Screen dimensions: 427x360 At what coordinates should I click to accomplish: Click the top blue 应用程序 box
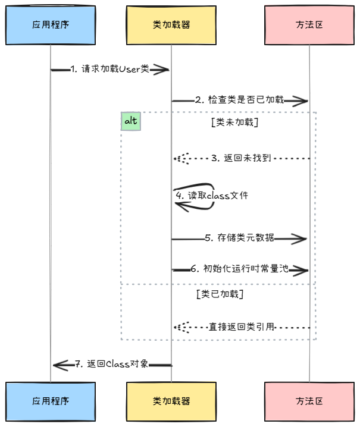click(51, 25)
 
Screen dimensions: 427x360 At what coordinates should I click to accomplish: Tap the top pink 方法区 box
click(309, 25)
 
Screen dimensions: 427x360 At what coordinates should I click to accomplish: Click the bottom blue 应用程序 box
click(51, 401)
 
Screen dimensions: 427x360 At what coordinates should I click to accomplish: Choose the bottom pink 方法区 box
click(309, 401)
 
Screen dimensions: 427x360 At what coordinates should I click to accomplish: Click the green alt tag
click(131, 121)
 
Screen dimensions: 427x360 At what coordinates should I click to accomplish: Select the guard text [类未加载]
click(234, 123)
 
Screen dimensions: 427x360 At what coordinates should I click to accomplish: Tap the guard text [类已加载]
click(220, 294)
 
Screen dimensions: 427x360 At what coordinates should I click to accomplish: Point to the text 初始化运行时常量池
click(245, 269)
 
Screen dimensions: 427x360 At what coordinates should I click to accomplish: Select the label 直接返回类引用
click(242, 327)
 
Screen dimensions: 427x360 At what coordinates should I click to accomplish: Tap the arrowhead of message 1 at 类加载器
click(162, 70)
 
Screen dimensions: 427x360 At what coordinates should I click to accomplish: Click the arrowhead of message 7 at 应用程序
click(60, 365)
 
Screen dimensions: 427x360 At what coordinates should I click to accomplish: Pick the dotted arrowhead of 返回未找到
click(181, 159)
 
